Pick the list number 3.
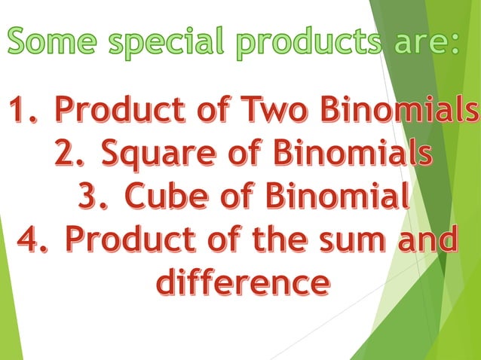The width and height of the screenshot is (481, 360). point(94,197)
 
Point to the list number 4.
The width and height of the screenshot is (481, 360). point(34,241)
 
